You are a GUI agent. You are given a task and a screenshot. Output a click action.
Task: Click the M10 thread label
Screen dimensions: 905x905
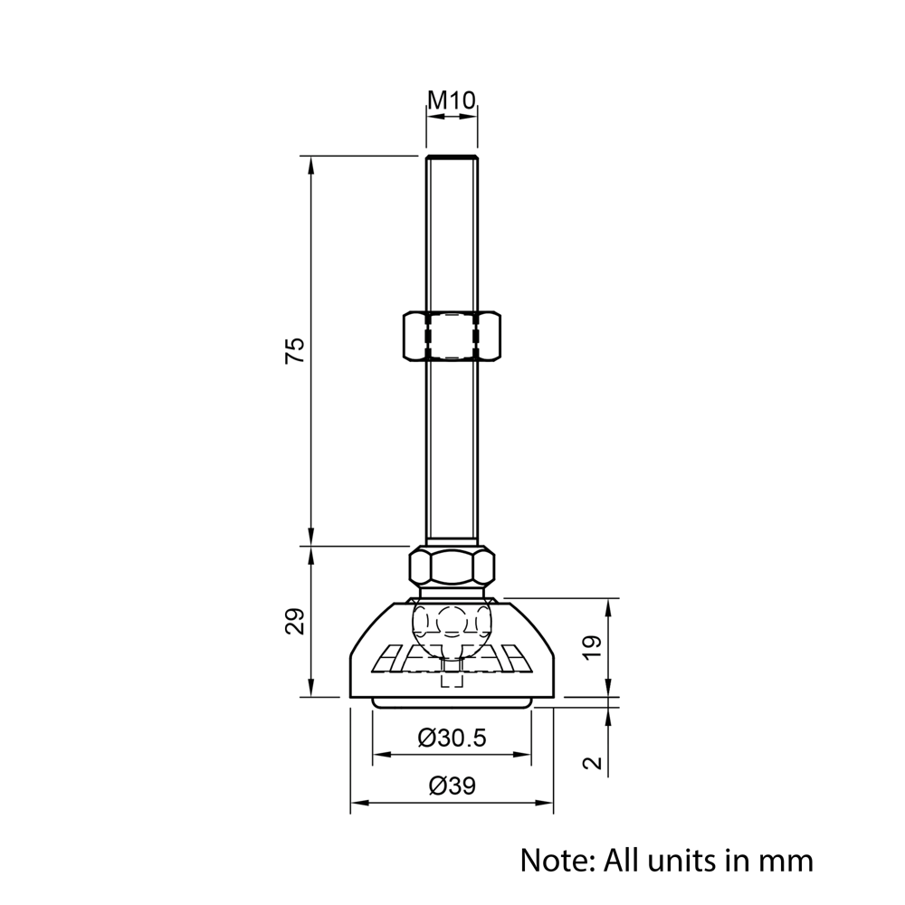click(452, 100)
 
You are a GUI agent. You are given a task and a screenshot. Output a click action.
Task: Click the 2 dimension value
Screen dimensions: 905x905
click(592, 762)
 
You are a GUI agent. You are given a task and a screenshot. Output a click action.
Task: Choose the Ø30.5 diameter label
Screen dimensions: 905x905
click(452, 738)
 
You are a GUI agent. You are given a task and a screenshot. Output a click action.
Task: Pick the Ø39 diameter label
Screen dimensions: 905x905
click(452, 786)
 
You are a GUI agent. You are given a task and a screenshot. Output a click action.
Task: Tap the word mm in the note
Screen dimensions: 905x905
click(787, 859)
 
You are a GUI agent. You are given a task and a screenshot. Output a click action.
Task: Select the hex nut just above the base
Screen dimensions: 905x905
click(452, 567)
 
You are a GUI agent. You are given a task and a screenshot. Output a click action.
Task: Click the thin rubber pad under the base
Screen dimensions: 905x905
click(452, 703)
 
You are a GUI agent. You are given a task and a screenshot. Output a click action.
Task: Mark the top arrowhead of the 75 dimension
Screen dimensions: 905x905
click(310, 164)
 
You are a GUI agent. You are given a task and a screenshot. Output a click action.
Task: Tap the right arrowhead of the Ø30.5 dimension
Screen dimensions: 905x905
click(524, 754)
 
